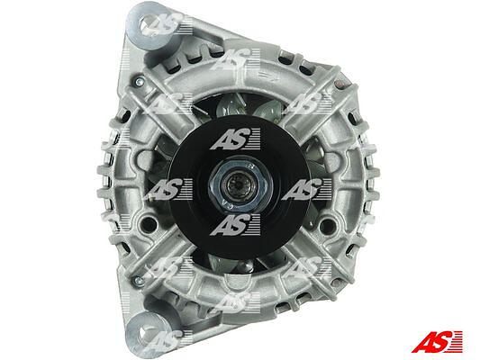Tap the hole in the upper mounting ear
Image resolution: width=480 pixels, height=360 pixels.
coord(149,24)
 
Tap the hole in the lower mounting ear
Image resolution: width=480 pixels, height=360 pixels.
coord(149,333)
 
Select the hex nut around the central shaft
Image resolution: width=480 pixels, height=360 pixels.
coord(240,184)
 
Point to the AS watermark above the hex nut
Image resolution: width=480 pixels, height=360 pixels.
coord(235,139)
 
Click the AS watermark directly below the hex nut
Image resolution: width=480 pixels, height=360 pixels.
coord(235,225)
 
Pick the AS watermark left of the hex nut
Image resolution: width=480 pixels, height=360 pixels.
coord(168,189)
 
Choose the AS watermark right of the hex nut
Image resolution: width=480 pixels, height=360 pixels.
coord(307,189)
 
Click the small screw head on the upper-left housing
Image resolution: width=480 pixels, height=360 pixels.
coord(139,81)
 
